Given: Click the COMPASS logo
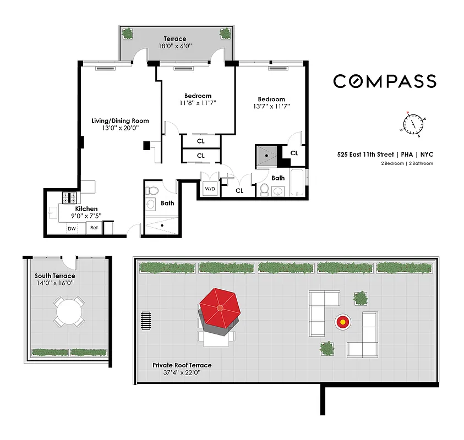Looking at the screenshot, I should (385, 81).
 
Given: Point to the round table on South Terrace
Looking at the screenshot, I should (69, 312).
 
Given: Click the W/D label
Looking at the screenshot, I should (210, 189).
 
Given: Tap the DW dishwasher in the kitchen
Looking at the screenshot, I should (72, 228).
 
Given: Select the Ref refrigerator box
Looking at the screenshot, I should (94, 228).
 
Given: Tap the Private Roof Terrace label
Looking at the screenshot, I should (182, 365).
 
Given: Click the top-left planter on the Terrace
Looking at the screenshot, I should (128, 34).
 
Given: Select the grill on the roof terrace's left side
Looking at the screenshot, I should (146, 320).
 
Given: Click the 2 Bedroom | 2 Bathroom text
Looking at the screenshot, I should (407, 163).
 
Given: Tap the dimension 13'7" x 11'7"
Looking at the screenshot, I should (271, 106).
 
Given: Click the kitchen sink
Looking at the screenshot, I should (53, 211).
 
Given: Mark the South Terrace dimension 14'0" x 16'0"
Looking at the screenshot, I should (54, 283).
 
